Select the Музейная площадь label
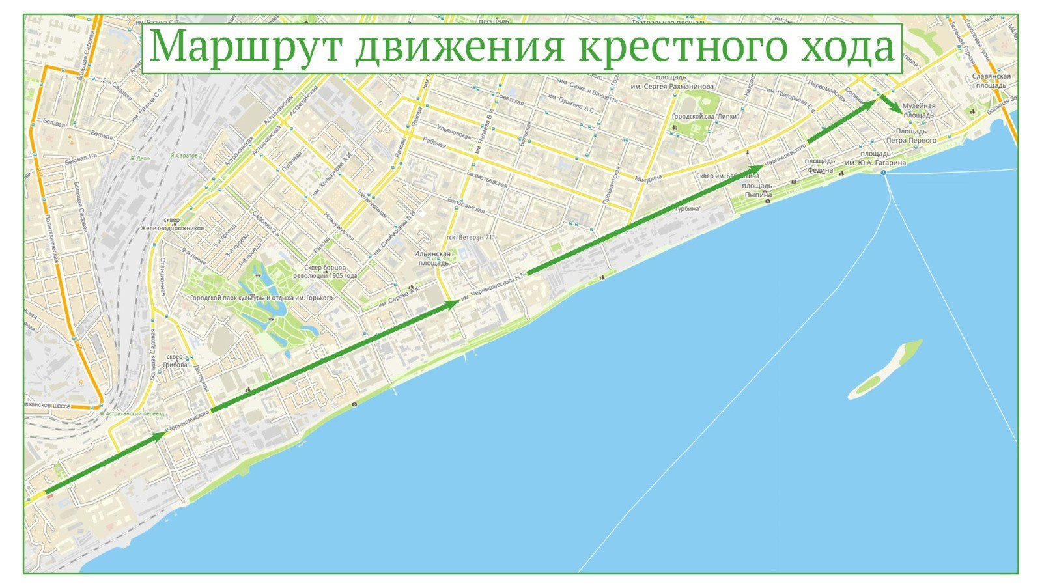[919, 110]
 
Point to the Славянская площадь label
[991, 81]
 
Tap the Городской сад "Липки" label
[705, 117]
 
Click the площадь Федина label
[819, 165]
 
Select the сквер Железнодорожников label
[173, 224]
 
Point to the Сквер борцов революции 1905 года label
[325, 272]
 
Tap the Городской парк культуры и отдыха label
[261, 298]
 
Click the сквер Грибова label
[175, 361]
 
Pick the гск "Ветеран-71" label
[470, 237]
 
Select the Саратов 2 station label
[188, 156]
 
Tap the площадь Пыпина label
[757, 190]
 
